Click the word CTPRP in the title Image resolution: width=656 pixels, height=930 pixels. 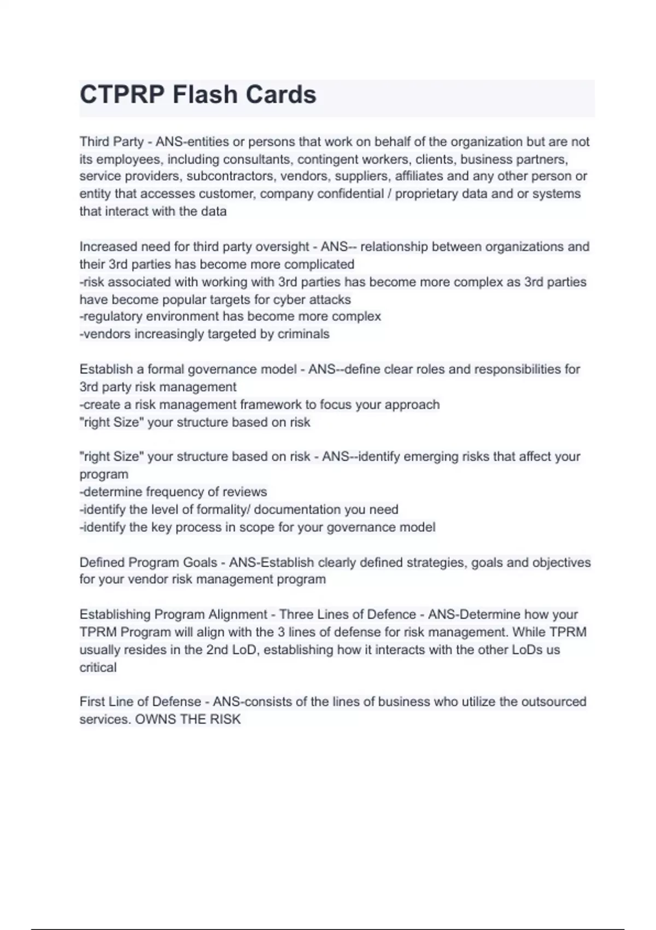point(121,95)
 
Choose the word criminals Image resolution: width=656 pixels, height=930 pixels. point(303,334)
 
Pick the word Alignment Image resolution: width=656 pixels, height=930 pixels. point(232,614)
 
